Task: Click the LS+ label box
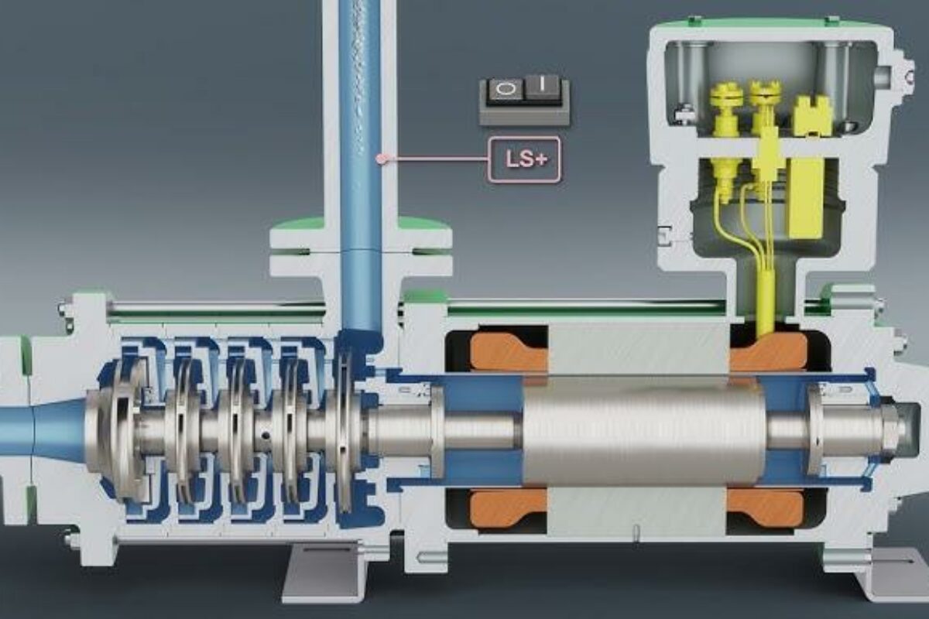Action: point(524,160)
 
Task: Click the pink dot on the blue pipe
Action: point(380,159)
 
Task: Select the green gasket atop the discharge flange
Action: point(361,224)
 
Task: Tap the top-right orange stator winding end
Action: point(766,352)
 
